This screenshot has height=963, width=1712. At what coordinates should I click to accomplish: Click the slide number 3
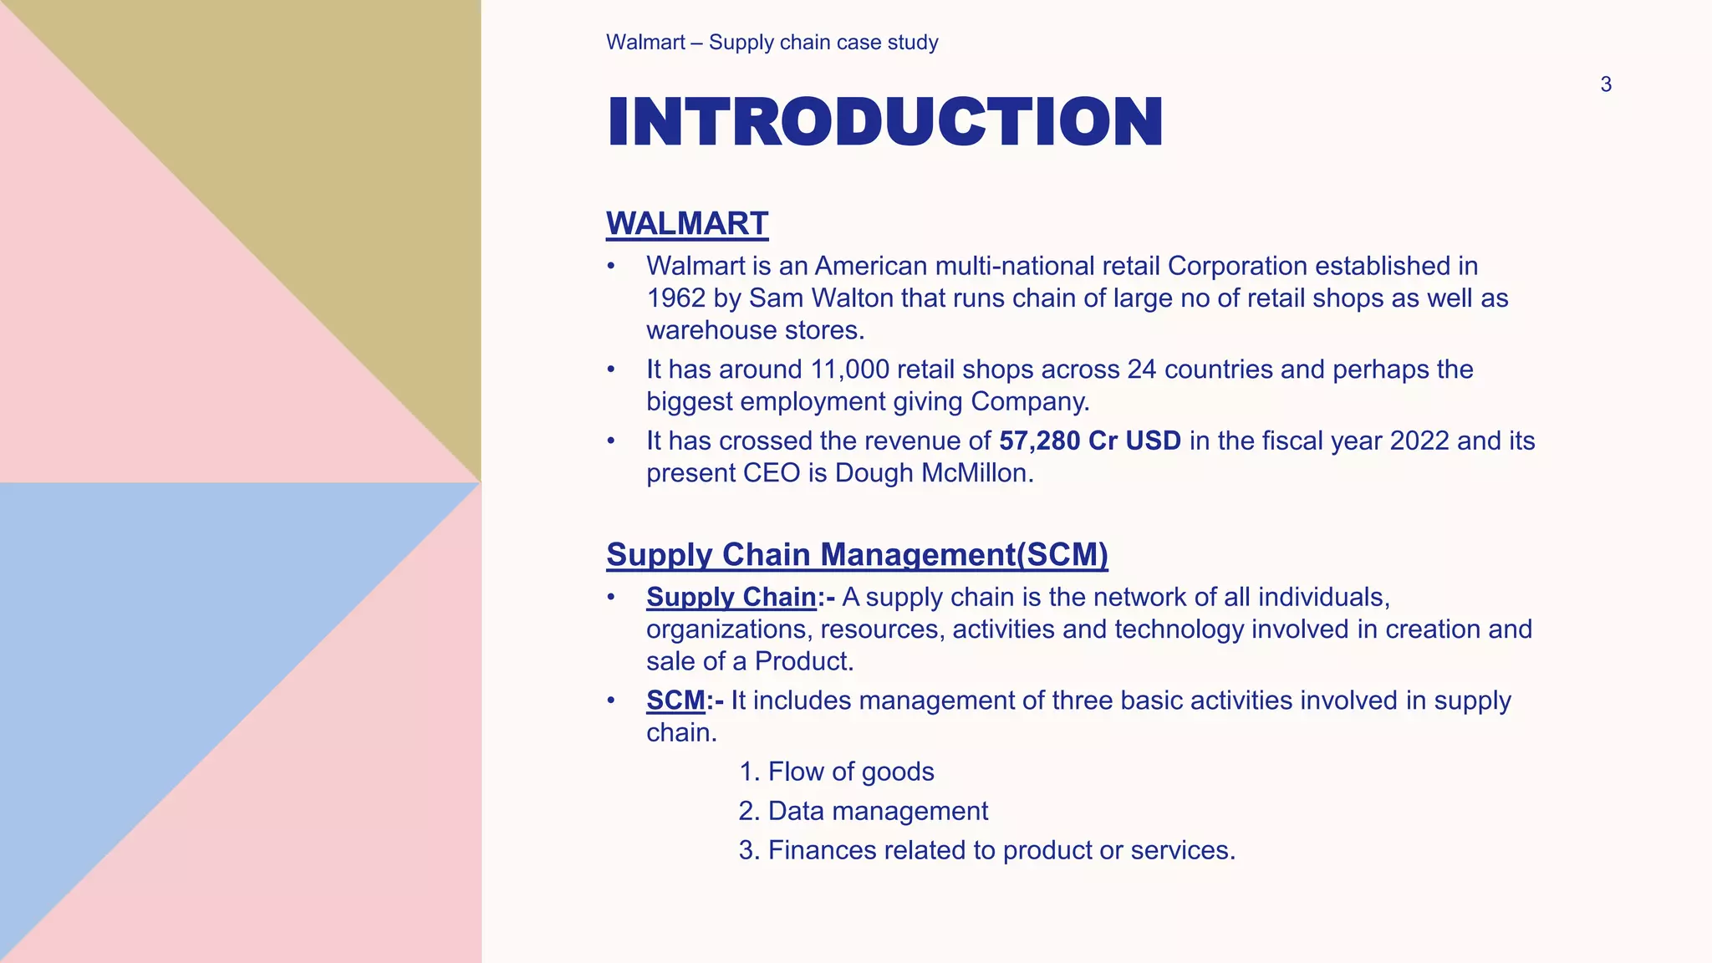point(1605,84)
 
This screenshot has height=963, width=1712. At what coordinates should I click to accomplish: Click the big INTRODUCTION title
point(884,122)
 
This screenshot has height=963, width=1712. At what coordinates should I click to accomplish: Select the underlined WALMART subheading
point(687,224)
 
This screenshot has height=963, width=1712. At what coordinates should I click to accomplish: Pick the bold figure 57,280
point(1039,441)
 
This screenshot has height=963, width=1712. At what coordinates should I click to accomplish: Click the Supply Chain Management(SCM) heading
point(857,555)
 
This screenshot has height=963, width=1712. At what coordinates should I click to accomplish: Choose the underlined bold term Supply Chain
point(731,597)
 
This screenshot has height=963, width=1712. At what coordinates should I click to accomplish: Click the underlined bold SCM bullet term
point(675,701)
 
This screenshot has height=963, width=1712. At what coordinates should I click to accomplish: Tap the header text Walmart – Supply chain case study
point(772,43)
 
